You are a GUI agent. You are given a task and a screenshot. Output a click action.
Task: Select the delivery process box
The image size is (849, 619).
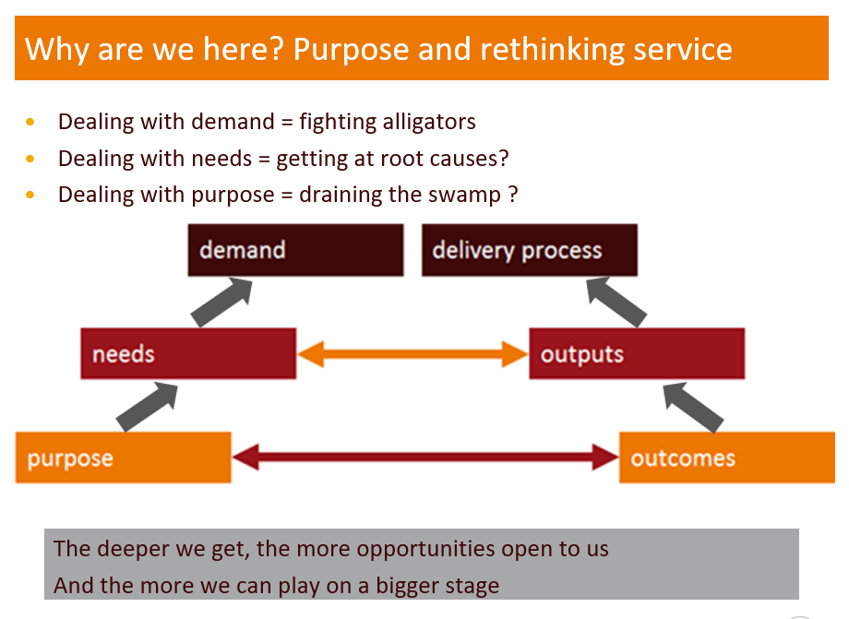click(x=529, y=250)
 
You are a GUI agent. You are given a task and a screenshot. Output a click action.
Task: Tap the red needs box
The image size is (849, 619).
click(x=188, y=353)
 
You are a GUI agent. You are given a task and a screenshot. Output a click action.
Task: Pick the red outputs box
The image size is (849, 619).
click(x=637, y=353)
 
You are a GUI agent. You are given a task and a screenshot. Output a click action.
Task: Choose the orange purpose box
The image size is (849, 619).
click(x=123, y=458)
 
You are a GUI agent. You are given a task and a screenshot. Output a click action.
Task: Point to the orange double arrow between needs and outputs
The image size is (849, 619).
click(x=413, y=353)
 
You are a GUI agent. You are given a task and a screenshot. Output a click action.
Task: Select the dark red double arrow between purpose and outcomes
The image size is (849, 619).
click(x=425, y=456)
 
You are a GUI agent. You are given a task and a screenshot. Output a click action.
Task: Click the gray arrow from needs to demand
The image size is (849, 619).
click(x=221, y=301)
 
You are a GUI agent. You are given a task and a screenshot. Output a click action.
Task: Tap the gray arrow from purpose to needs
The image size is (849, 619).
click(x=148, y=405)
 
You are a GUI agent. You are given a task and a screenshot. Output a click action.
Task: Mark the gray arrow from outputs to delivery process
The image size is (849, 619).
click(x=617, y=301)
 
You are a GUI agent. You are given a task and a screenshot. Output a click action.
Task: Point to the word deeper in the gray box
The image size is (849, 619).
click(x=132, y=549)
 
